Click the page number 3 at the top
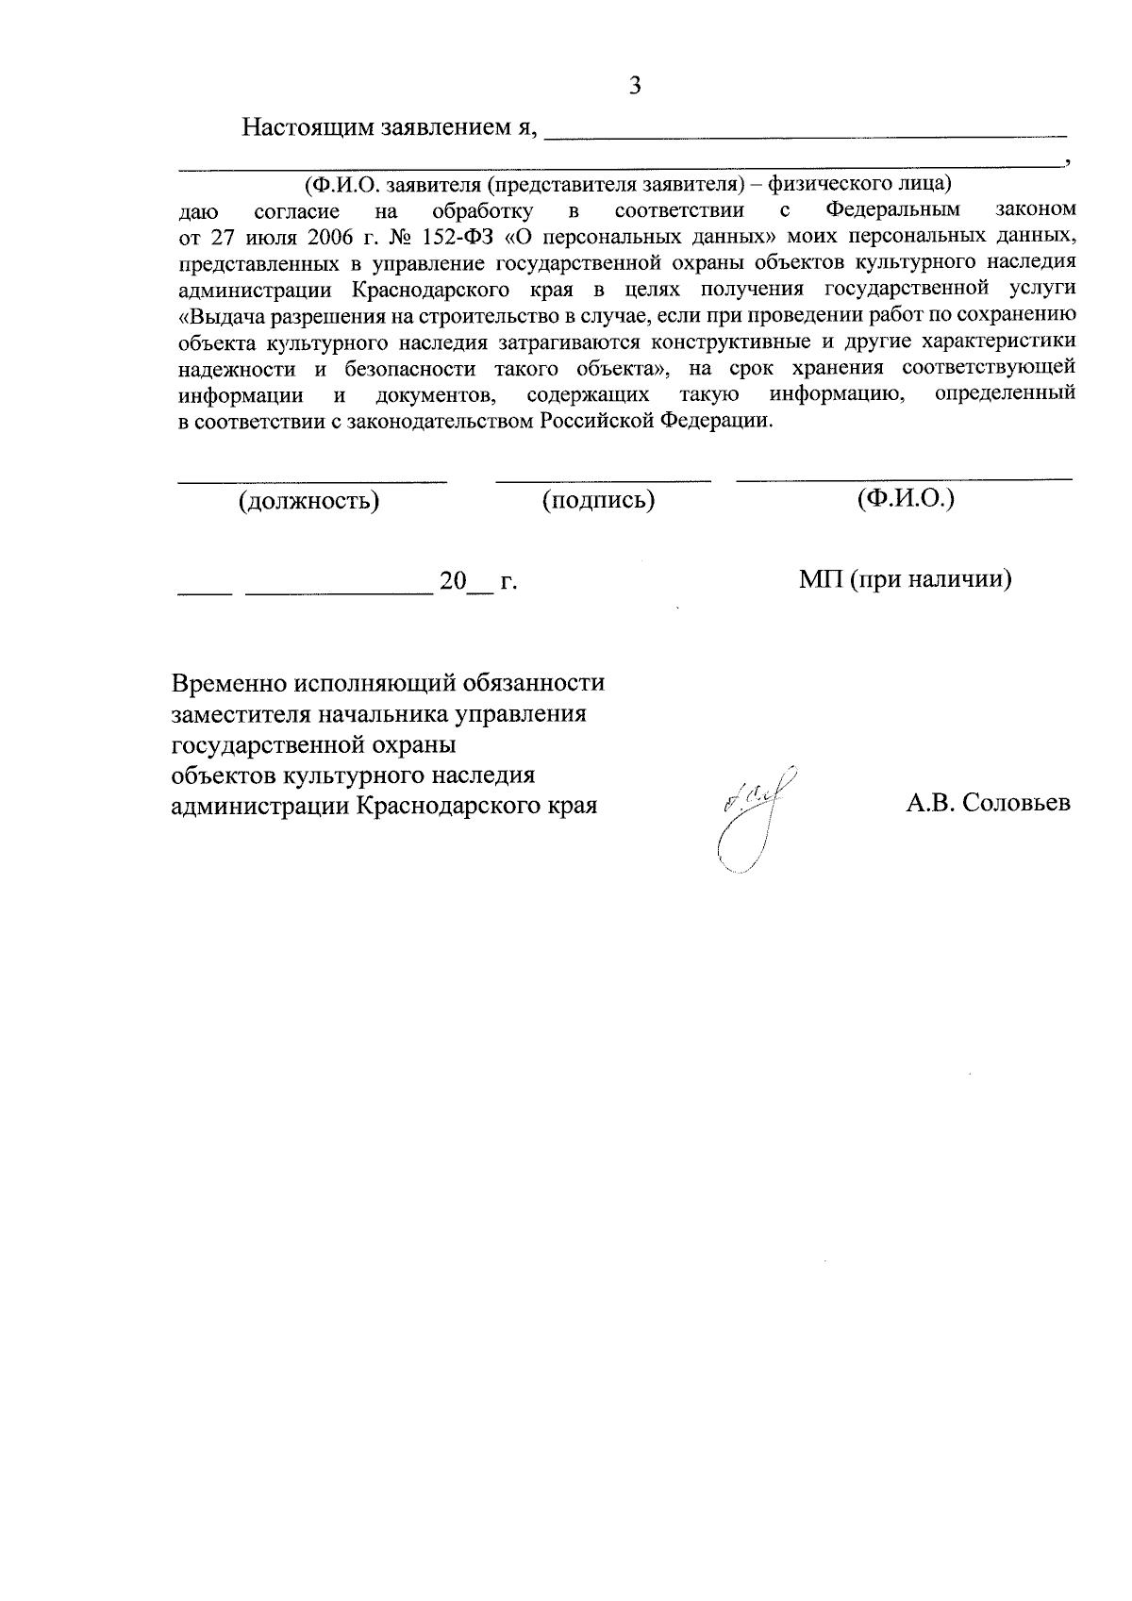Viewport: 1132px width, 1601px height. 635,87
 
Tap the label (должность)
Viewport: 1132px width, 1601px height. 308,501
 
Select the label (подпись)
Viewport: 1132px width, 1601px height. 598,501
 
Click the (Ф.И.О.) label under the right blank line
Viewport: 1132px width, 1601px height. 906,499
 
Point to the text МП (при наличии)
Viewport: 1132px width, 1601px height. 906,580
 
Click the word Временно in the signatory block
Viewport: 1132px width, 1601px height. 229,683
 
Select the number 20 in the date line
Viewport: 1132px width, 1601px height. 453,582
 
